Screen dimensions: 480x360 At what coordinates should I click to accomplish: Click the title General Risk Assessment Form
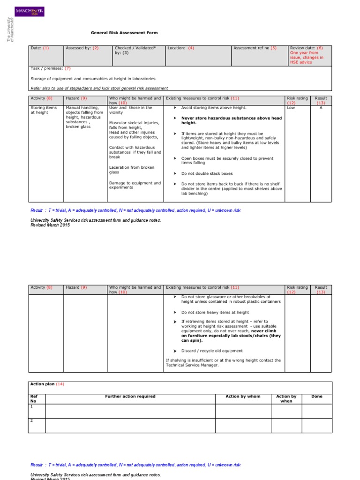point(124,33)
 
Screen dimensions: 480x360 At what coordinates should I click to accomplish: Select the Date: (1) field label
point(39,48)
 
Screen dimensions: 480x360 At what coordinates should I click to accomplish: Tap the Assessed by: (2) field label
point(82,48)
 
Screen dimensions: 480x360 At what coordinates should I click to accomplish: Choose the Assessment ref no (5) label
point(255,48)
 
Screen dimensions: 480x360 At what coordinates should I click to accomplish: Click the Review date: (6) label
point(307,48)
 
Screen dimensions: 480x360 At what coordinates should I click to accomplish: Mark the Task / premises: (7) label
point(50,68)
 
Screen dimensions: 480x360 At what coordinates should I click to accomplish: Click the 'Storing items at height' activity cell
point(43,110)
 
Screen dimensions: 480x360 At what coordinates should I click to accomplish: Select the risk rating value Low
point(291,108)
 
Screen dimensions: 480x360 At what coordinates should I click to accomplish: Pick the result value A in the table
point(321,108)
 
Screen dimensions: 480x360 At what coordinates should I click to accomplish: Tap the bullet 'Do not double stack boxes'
point(207,173)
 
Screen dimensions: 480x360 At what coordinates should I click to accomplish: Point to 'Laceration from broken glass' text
point(127,170)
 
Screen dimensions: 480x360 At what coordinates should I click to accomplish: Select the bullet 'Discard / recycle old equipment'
point(212,351)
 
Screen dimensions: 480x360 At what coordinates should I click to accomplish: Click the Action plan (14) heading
point(47,384)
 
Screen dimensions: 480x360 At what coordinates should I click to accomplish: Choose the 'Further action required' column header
point(130,397)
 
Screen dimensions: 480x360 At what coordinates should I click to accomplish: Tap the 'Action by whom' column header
point(243,397)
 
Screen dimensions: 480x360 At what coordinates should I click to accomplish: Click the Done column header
point(317,397)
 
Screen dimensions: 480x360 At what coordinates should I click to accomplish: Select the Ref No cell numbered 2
point(32,420)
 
